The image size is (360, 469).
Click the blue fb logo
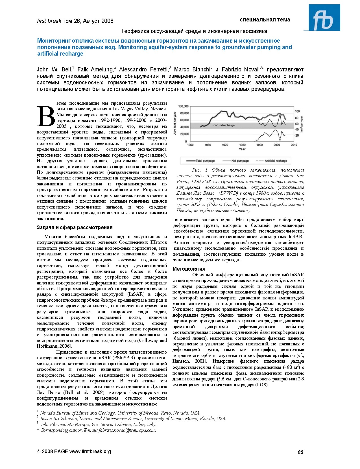pyautogui.click(x=324, y=17)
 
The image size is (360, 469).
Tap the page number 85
pyautogui.click(x=300, y=452)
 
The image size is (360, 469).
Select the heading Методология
pyautogui.click(x=189, y=269)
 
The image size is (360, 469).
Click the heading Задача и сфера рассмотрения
pyautogui.click(x=75, y=227)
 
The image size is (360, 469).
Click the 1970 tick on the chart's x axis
pyautogui.click(x=225, y=145)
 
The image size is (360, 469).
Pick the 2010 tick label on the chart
pyautogui.click(x=294, y=145)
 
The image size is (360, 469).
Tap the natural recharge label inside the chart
pyautogui.click(x=224, y=125)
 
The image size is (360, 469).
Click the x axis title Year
pyautogui.click(x=242, y=149)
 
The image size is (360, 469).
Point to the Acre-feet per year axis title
pyautogui.click(x=175, y=123)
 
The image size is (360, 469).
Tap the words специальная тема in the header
pyautogui.click(x=265, y=20)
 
